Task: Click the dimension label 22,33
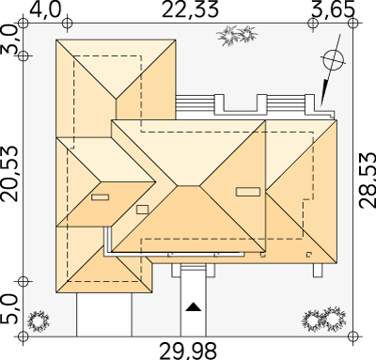coord(190,9)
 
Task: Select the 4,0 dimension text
coord(44,10)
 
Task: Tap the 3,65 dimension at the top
coord(334,10)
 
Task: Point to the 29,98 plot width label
coord(188,352)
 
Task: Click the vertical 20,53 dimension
coord(8,174)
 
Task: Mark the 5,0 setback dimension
coord(9,308)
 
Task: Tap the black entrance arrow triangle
coord(193,307)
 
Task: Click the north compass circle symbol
coord(333,59)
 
